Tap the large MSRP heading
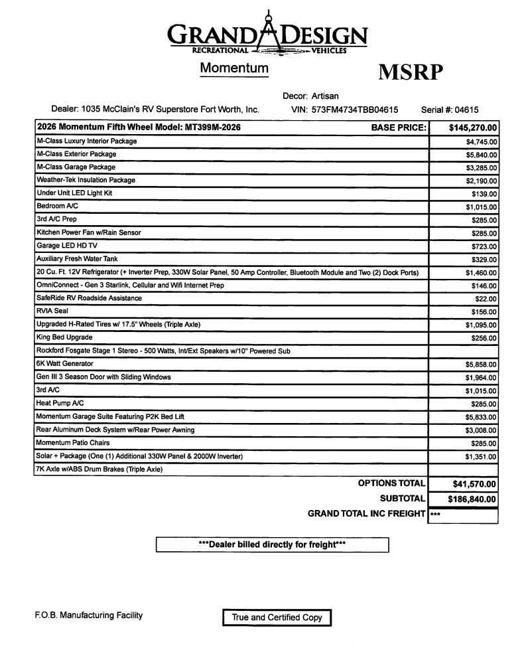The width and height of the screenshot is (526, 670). [x=410, y=72]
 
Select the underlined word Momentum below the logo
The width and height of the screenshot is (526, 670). [x=234, y=68]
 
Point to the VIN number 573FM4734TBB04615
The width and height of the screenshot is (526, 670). [x=355, y=110]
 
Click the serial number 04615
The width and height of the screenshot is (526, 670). [x=466, y=110]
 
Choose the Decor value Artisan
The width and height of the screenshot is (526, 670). [x=325, y=96]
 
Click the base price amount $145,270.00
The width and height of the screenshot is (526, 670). [x=473, y=128]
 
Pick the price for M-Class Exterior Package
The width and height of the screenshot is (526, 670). [x=482, y=155]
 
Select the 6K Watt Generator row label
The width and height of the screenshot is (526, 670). [x=65, y=364]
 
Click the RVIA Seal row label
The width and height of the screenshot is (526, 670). [x=52, y=311]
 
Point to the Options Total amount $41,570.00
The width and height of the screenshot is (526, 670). [x=474, y=485]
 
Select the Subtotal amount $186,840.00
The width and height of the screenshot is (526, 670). [x=472, y=499]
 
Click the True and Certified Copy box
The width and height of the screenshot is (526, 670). [x=277, y=618]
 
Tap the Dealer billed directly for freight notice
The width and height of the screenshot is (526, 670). [x=272, y=544]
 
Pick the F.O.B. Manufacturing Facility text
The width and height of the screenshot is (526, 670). [x=88, y=616]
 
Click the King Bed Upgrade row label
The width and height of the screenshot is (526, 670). [x=64, y=337]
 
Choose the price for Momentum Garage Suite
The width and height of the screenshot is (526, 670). [x=482, y=417]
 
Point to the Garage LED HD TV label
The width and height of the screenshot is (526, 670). [x=67, y=246]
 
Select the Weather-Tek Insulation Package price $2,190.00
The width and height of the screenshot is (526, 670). [x=482, y=181]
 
